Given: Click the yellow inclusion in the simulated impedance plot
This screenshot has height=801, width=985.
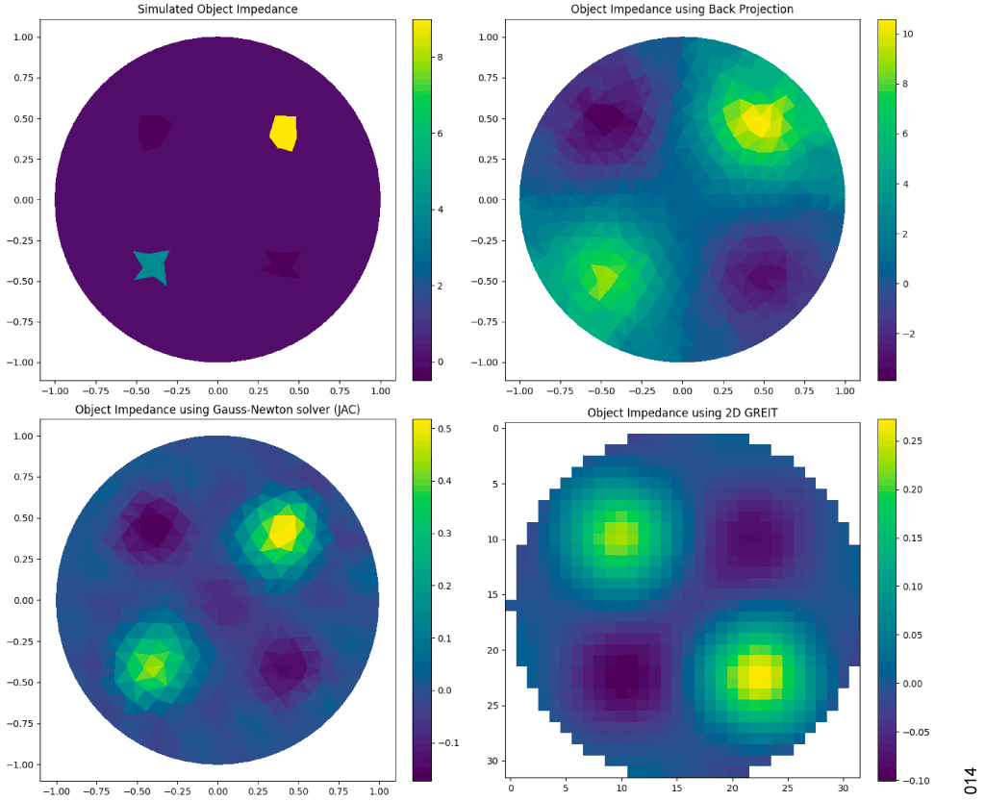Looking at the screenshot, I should (284, 132).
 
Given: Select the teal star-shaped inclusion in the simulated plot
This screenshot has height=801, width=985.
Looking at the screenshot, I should (152, 264).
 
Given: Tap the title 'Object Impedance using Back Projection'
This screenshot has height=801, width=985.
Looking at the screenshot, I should (682, 10).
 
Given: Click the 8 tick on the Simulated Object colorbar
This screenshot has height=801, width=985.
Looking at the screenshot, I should (444, 58).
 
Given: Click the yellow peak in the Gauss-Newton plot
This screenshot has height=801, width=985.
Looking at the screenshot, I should (284, 529).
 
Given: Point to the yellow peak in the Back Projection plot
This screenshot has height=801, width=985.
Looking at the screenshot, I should (755, 122).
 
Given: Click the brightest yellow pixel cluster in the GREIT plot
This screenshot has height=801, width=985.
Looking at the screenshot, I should (760, 677).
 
